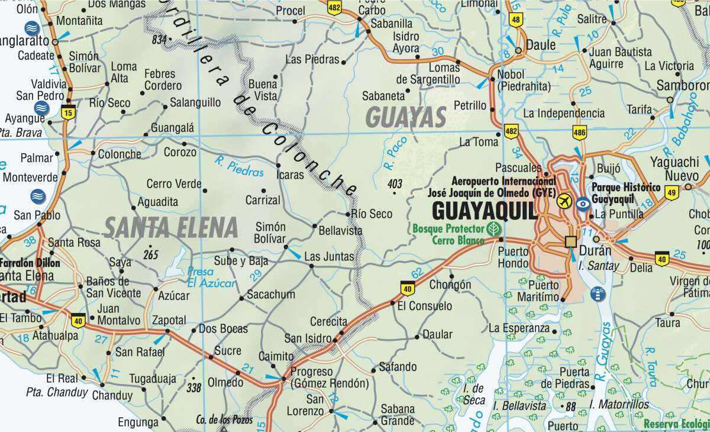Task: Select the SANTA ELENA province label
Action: (x=171, y=227)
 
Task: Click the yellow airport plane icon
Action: (x=564, y=201)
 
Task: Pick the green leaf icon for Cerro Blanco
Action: (x=492, y=228)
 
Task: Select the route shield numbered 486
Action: (x=579, y=133)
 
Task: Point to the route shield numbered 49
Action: (x=671, y=192)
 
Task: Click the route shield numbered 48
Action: (x=516, y=20)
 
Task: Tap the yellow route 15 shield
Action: (x=69, y=112)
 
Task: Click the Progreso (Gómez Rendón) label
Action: (x=329, y=378)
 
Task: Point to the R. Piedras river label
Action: (x=240, y=166)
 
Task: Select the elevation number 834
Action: (x=159, y=40)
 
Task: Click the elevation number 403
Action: (x=395, y=184)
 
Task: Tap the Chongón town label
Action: (x=450, y=285)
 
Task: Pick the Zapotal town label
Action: (x=169, y=320)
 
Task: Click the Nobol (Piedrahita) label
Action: (x=524, y=81)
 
